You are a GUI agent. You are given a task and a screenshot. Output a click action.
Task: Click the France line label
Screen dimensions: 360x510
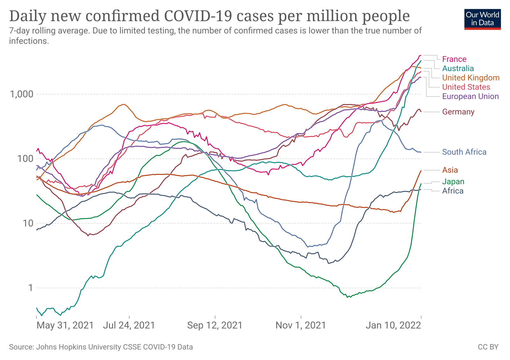[454, 59]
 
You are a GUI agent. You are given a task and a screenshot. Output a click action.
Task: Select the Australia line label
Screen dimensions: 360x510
[458, 68]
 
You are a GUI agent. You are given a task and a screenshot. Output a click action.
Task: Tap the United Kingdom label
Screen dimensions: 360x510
[470, 78]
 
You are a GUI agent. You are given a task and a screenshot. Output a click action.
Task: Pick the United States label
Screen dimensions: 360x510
[466, 87]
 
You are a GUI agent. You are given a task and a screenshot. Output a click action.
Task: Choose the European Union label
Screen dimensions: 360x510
[470, 96]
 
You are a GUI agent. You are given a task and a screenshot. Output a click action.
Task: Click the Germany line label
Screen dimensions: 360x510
[458, 112]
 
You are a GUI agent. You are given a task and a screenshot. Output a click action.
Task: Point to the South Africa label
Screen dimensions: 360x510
[464, 152]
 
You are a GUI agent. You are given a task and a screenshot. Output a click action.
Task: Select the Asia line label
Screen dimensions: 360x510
[450, 170]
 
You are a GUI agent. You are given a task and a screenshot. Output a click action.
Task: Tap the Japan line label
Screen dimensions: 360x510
[453, 182]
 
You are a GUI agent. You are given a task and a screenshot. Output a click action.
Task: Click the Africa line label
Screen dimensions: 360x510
[453, 191]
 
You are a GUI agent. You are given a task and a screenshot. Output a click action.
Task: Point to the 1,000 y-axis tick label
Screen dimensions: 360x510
[22, 94]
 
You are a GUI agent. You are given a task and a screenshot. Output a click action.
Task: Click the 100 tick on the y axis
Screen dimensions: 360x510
[25, 159]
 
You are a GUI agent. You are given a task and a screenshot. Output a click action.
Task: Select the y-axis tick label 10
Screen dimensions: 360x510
[28, 223]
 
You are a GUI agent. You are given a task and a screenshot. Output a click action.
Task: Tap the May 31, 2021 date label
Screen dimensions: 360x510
[65, 325]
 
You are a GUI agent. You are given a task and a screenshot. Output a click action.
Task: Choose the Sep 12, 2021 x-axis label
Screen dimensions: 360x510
[215, 325]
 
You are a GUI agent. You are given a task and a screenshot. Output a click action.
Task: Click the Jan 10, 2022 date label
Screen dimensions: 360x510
[393, 325]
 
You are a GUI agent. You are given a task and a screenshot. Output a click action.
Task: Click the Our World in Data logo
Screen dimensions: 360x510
[482, 19]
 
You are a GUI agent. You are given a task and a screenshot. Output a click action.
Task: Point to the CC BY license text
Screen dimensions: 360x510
[488, 347]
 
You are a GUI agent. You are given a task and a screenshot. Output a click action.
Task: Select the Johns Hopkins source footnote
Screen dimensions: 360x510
[101, 347]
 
